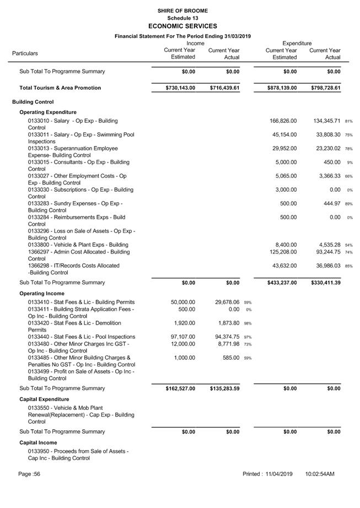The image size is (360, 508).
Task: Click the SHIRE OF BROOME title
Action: point(182,10)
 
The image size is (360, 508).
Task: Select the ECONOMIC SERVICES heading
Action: point(182,26)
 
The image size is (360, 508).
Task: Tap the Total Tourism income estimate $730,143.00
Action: point(180,88)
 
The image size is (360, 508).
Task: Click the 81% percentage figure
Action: point(348,121)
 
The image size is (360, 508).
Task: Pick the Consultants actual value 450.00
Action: point(331,162)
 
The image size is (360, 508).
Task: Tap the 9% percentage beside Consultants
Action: point(350,163)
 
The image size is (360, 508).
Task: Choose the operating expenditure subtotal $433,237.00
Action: point(281,283)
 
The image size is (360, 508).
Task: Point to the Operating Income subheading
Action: point(42,294)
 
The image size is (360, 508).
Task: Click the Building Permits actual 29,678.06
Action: point(224,302)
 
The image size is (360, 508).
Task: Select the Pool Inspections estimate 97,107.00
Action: point(181,337)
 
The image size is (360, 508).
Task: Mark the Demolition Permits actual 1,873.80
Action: point(225,323)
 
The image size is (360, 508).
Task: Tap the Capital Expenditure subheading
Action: point(45,399)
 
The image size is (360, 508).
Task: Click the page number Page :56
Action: point(29,474)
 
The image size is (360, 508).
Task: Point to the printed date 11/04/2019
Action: point(278,474)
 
